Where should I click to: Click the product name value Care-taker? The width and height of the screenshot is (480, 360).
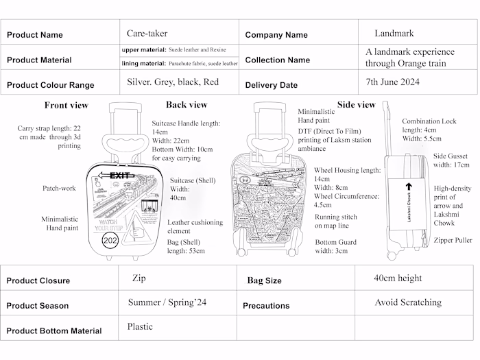click(147, 33)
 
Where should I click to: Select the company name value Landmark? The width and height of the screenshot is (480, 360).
click(394, 33)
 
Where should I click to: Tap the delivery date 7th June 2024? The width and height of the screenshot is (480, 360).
click(392, 81)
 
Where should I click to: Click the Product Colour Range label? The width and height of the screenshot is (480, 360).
click(51, 86)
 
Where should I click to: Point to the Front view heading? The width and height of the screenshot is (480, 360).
click(66, 105)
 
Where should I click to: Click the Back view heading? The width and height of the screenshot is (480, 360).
click(186, 104)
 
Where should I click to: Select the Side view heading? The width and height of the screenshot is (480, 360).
click(357, 104)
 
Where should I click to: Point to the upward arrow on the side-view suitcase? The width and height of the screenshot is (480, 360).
click(409, 186)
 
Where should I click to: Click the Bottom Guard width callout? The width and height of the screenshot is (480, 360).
click(335, 246)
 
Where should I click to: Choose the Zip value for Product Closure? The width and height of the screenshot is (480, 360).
click(138, 278)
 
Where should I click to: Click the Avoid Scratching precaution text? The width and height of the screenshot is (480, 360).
click(407, 302)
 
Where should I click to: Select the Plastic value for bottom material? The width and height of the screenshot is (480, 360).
click(140, 326)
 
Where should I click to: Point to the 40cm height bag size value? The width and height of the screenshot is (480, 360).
click(398, 278)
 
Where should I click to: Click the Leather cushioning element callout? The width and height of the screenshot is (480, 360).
click(195, 227)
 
